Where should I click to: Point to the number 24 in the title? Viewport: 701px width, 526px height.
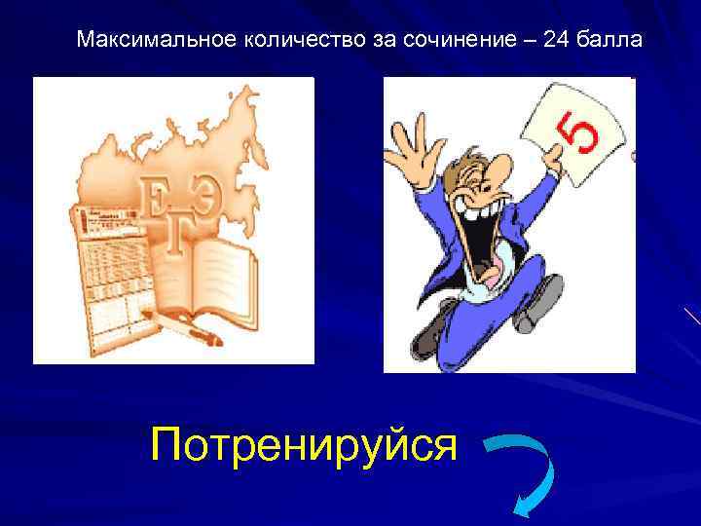pyautogui.click(x=524, y=41)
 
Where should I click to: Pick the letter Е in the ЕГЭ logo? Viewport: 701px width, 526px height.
pyautogui.click(x=156, y=196)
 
